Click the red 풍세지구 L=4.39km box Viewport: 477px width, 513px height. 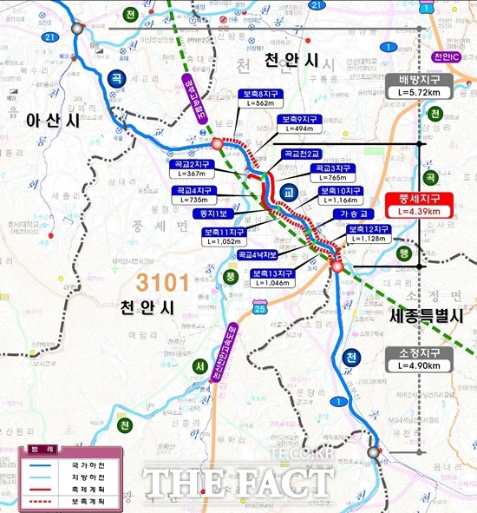(x=420, y=204)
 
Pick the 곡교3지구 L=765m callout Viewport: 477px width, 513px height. (x=333, y=172)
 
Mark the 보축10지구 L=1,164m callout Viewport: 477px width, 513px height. (x=341, y=195)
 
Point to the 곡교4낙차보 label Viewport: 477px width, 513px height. (x=258, y=254)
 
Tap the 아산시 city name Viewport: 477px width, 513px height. (x=52, y=121)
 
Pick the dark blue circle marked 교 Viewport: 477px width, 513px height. (x=289, y=188)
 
